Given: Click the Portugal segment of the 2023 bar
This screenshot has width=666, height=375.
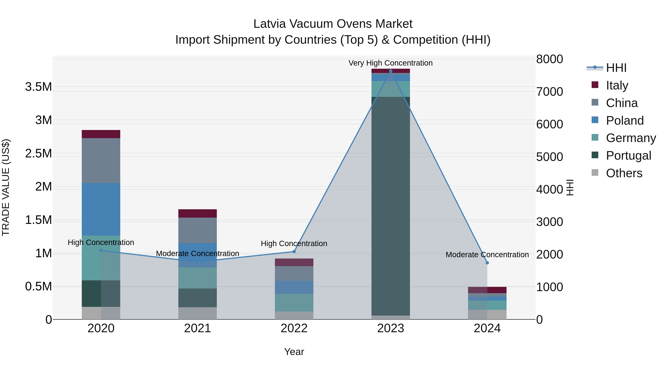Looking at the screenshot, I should [390, 206].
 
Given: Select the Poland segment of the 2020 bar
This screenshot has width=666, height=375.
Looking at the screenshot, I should [101, 209].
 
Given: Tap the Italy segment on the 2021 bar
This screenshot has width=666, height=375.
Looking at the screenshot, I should [198, 213].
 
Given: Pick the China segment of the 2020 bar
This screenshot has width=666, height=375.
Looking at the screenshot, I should [101, 160].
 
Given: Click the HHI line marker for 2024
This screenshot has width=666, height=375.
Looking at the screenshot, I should [487, 263].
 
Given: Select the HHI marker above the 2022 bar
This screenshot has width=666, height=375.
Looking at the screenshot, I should [294, 251].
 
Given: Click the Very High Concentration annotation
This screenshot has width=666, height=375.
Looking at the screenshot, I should [390, 63].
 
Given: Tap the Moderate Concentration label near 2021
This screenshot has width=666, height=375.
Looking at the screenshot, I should [198, 253].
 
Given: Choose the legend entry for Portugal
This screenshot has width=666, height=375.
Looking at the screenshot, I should [628, 156].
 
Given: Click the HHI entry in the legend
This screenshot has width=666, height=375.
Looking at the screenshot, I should [616, 68].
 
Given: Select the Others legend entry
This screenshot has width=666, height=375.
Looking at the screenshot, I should [624, 173].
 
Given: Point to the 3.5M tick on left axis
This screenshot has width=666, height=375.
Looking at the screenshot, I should [38, 87].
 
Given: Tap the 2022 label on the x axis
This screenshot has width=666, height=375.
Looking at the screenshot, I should [294, 328].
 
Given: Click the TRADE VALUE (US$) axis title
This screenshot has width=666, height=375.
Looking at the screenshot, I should [6, 187].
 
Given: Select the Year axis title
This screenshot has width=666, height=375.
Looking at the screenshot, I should [294, 352].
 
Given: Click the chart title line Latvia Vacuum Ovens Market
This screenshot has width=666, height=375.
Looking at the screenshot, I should [333, 24].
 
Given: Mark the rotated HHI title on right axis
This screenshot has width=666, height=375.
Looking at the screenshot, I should [570, 187].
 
